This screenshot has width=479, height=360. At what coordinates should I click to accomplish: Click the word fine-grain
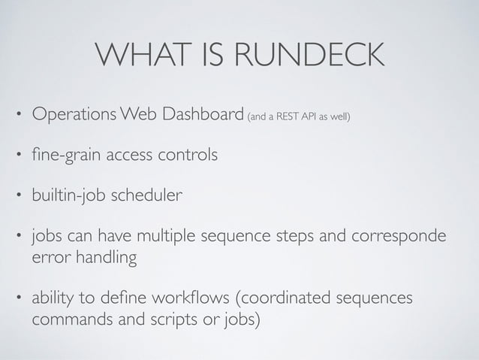point(62,156)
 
